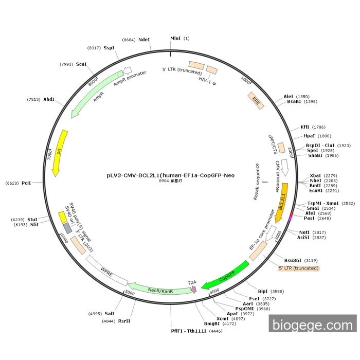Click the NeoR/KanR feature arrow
159,290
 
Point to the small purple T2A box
193,290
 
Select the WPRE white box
106,269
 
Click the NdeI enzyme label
145,40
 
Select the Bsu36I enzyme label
294,260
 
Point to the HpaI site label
309,136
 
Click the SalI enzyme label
110,313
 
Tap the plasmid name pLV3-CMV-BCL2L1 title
170,175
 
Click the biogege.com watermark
312,325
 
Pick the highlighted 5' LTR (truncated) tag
298,268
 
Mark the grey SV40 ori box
67,228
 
